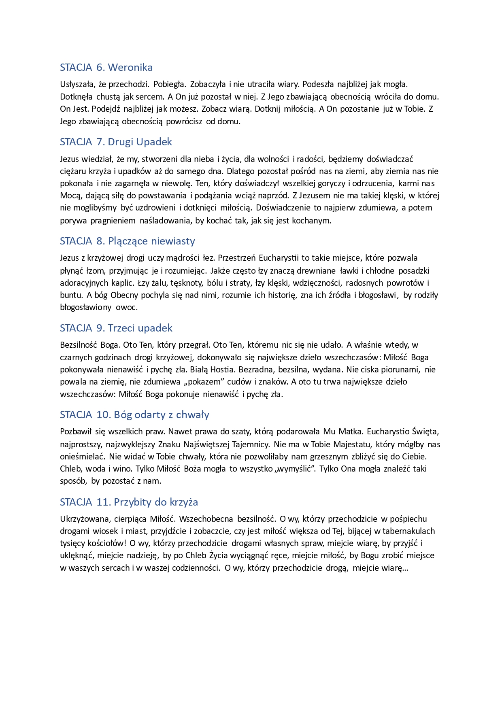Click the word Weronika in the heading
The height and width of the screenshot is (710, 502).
130,67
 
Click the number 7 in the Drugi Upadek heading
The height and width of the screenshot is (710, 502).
100,142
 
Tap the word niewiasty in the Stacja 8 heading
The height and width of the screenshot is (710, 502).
173,241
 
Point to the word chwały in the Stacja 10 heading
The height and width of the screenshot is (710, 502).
193,415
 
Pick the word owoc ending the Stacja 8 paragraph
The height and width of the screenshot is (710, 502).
127,307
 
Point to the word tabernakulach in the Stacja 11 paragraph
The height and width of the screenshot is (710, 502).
408,531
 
